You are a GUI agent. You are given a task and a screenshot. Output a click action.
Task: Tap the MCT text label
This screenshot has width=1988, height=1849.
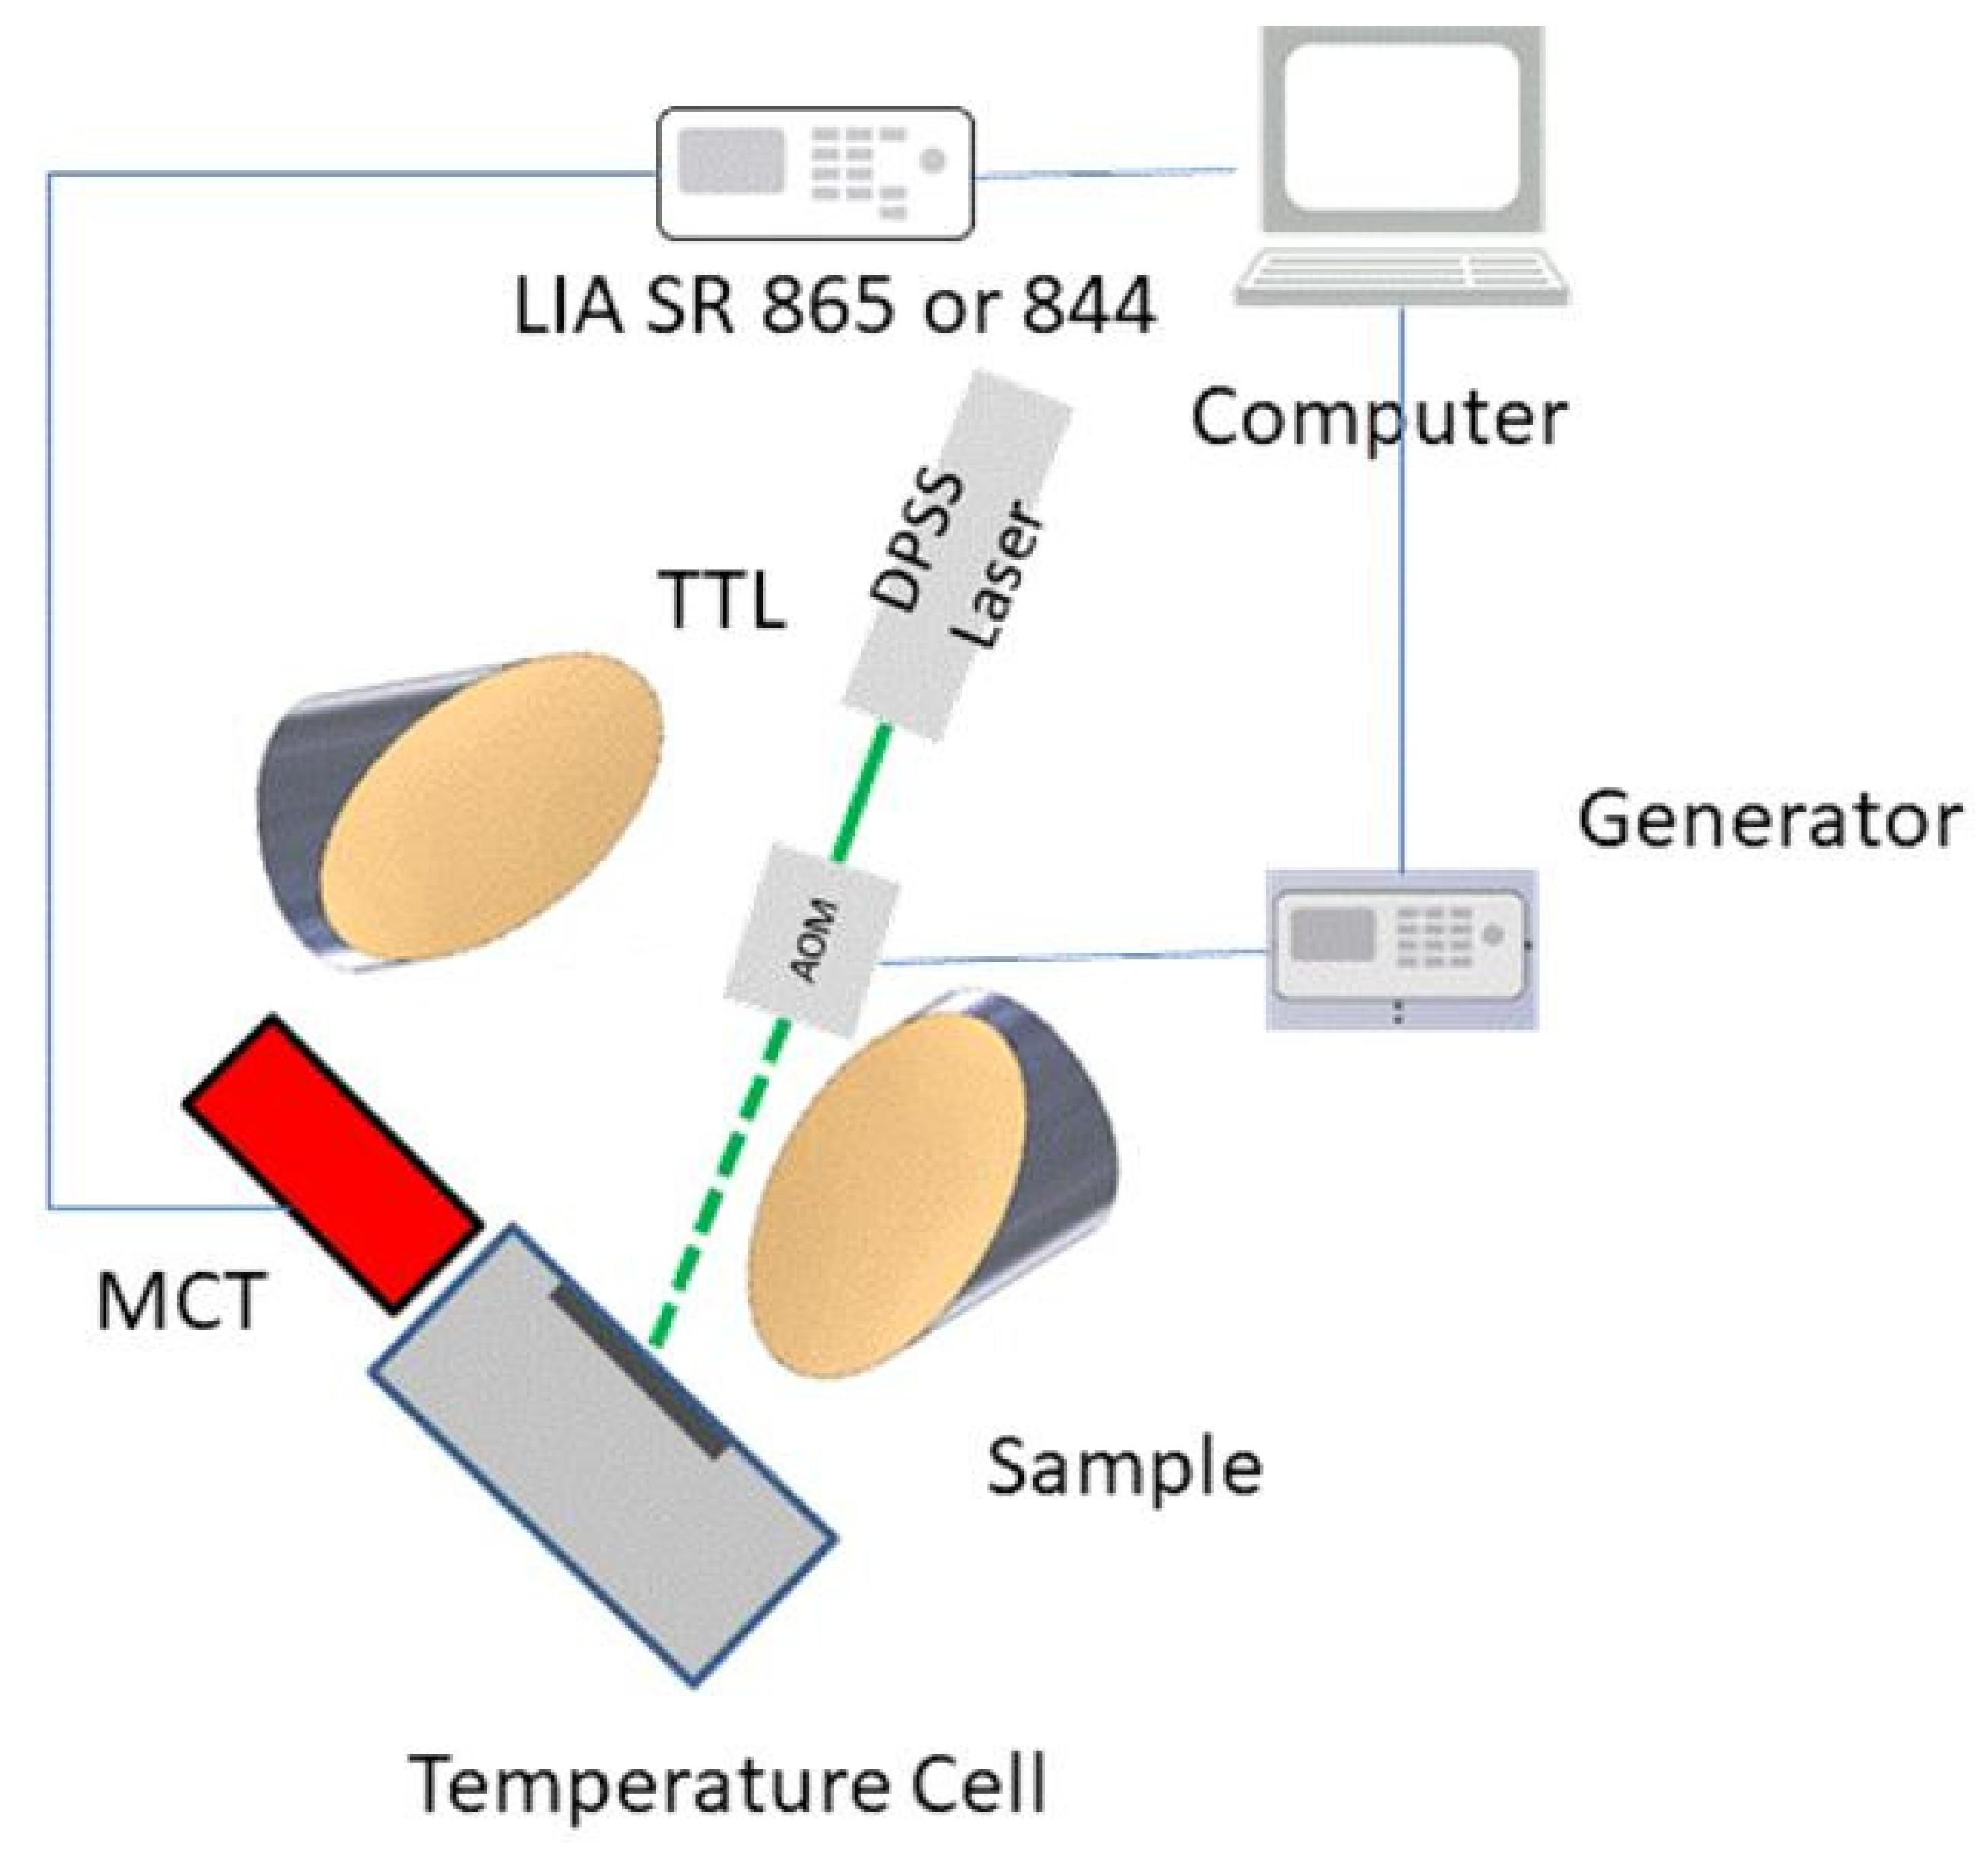180,1302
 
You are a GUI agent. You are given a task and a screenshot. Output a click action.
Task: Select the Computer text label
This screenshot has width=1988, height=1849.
1378,417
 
